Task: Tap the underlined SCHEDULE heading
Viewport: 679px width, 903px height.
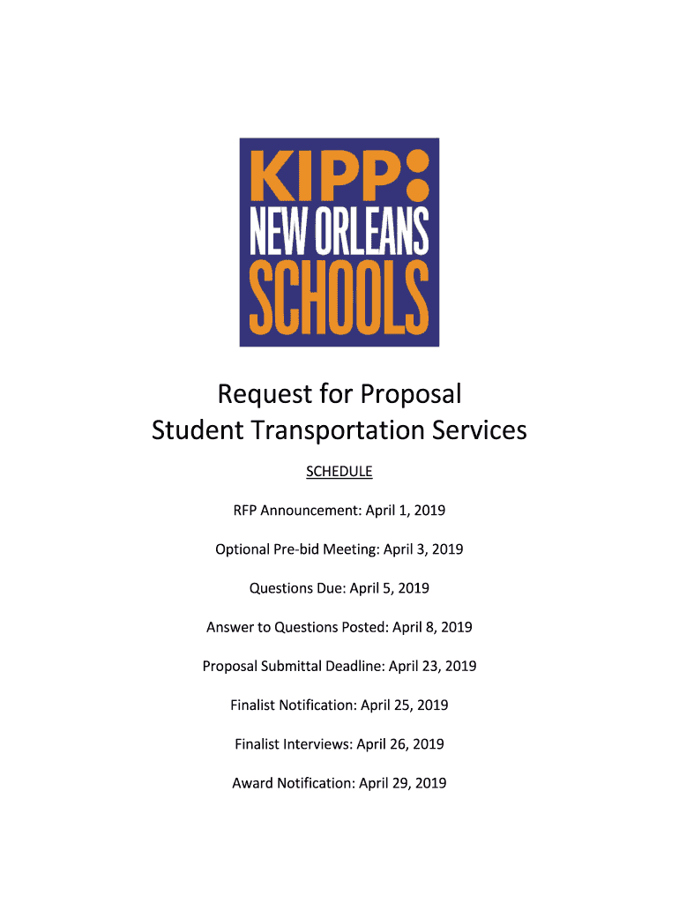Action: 339,472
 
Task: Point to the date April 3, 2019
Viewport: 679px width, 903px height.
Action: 422,549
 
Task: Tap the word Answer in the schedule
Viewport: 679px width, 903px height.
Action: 229,627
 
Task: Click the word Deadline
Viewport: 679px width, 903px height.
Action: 352,666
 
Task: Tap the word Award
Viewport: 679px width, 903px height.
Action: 252,782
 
